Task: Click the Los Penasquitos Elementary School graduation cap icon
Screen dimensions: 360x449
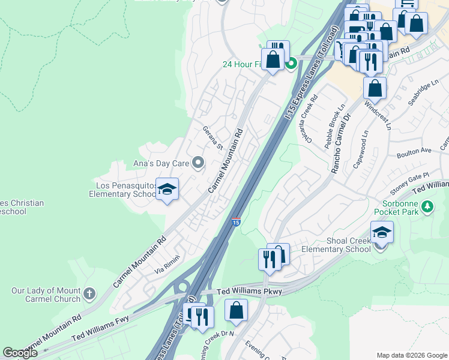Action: (167, 190)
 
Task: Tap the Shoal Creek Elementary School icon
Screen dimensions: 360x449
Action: (382, 232)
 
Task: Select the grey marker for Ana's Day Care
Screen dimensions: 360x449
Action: (198, 163)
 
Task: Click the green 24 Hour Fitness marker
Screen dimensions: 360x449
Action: (292, 64)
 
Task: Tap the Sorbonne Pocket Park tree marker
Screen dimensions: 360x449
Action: (427, 206)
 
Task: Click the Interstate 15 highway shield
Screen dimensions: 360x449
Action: (236, 222)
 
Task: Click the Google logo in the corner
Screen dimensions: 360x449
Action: (20, 353)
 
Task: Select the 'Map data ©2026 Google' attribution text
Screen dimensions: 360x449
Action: (411, 355)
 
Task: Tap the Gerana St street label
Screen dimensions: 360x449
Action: (212, 138)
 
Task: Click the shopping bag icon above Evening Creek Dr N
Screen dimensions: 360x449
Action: (237, 310)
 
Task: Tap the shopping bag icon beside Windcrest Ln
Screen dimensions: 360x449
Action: (375, 88)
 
